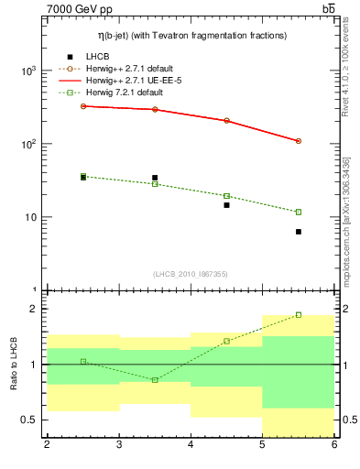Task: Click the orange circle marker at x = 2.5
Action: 83,106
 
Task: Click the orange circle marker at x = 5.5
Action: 299,141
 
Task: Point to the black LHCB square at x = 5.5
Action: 299,232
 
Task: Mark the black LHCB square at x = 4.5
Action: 227,205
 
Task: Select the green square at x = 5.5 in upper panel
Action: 299,212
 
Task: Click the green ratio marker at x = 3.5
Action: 155,379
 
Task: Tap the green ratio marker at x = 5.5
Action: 299,314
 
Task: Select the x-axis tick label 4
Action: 191,446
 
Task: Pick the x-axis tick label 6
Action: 333,446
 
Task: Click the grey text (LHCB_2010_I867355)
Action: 191,274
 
